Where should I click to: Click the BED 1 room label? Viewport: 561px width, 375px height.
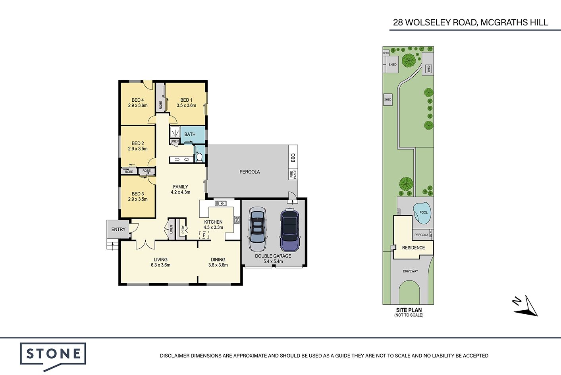pos(186,100)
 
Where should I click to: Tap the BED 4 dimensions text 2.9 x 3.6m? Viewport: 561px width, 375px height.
pos(138,105)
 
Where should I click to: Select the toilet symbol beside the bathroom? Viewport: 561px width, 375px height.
pos(199,157)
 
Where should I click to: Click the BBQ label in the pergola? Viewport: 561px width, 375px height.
pos(293,158)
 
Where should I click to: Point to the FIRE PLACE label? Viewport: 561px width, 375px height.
pos(293,174)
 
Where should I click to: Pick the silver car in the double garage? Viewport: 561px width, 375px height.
pos(258,229)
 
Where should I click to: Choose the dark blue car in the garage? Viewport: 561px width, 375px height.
pos(289,230)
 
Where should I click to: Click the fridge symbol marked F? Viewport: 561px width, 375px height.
pos(204,235)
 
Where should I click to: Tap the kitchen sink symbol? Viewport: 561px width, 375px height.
pos(221,203)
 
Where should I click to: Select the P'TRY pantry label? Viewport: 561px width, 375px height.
pos(183,229)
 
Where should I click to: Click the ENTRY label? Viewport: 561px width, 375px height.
pos(118,229)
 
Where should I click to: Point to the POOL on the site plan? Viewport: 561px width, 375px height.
pos(422,213)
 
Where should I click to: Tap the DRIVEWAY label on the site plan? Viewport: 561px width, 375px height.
pos(410,271)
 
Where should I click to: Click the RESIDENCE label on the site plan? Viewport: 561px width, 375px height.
pos(413,247)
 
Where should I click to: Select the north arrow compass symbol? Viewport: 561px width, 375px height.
pos(526,306)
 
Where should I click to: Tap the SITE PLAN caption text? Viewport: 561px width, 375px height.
pos(409,310)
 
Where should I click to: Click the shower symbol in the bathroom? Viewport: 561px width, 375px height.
pos(175,132)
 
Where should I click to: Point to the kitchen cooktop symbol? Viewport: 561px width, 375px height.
pos(237,220)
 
